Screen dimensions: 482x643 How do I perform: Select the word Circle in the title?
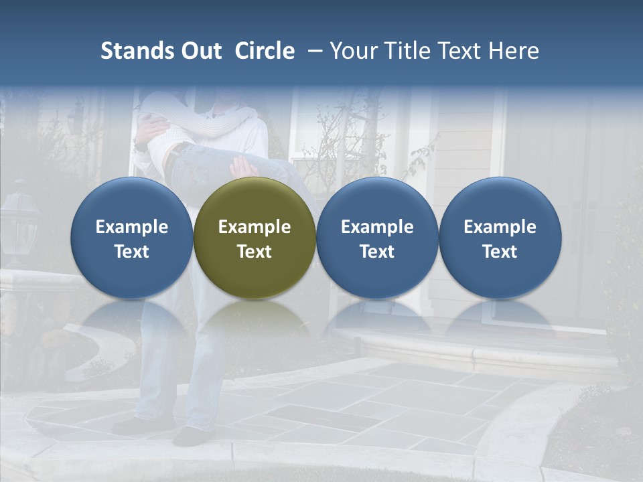[265, 51]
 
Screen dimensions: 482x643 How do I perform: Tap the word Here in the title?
[514, 51]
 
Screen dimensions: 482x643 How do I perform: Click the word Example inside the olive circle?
[255, 227]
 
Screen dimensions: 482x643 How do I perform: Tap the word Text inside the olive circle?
[255, 252]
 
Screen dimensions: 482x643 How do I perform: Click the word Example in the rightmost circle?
[500, 227]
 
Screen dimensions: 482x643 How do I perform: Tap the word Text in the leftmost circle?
[131, 252]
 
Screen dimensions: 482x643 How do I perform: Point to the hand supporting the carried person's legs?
[245, 167]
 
